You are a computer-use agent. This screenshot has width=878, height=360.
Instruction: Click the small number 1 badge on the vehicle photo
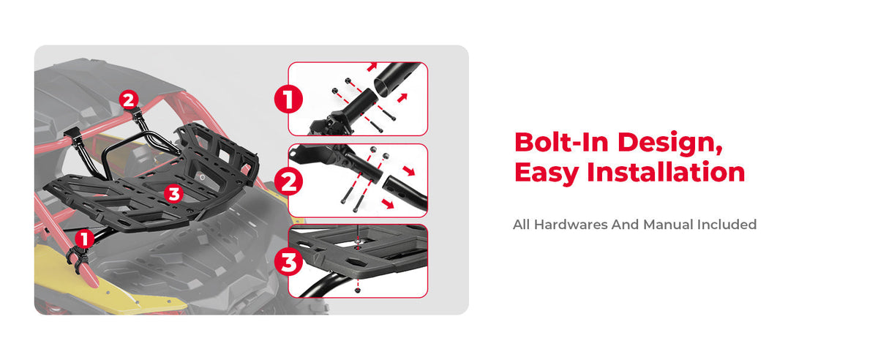(84, 239)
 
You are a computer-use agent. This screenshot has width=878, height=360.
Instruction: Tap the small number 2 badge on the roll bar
(129, 100)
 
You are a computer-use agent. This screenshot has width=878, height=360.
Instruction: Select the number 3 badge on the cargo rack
(173, 193)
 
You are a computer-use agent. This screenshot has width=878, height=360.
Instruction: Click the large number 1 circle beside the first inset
(288, 100)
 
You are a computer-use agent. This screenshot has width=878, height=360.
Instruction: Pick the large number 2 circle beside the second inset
(288, 181)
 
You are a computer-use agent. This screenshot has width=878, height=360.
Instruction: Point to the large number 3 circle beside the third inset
(288, 262)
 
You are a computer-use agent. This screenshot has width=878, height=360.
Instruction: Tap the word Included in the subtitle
(727, 225)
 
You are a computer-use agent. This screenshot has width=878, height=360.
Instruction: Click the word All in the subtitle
(522, 225)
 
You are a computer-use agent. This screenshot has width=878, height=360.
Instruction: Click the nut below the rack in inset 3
(357, 290)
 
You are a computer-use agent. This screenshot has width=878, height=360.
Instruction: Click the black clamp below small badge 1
(78, 259)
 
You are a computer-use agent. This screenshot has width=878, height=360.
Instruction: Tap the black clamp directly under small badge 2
(136, 114)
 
